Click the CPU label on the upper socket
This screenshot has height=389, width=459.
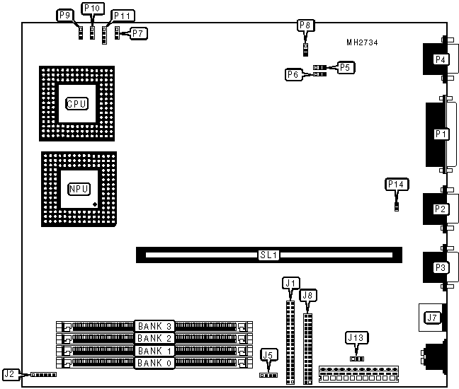coord(76,103)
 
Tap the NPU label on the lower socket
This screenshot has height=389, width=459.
coord(77,189)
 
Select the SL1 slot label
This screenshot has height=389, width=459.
coord(268,253)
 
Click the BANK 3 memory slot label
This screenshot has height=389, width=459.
coord(154,326)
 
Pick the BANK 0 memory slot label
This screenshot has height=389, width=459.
coord(154,363)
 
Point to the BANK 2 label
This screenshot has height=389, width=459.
coord(154,338)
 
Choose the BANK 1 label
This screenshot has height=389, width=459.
coord(154,351)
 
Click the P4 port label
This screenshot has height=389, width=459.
coord(441,59)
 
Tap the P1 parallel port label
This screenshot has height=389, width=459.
coord(441,133)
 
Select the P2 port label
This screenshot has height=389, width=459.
coord(441,209)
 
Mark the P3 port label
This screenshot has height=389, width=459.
coord(441,267)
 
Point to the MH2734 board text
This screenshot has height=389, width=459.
coord(362,43)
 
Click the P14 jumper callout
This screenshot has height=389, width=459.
coord(397,185)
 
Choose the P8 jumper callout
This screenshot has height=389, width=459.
coord(305,25)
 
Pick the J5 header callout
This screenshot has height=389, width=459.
coord(267,354)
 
